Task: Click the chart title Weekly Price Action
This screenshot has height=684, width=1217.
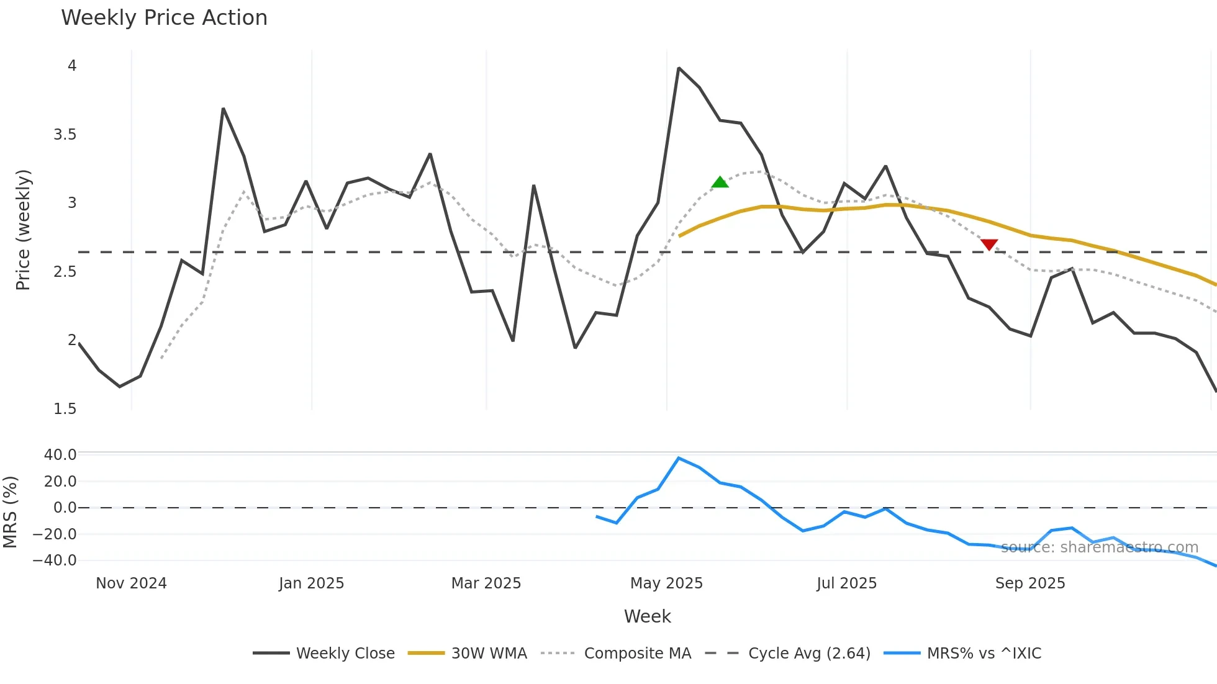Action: pyautogui.click(x=164, y=18)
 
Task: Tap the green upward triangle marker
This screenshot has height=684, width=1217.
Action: pyautogui.click(x=720, y=182)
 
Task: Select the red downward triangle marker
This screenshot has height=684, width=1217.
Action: pyautogui.click(x=989, y=245)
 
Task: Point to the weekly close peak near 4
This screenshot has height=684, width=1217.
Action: pyautogui.click(x=679, y=68)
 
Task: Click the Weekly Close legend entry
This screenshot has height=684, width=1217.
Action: pyautogui.click(x=324, y=653)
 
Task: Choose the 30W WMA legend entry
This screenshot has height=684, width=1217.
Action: pyautogui.click(x=468, y=653)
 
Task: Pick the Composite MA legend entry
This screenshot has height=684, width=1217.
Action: pyautogui.click(x=616, y=653)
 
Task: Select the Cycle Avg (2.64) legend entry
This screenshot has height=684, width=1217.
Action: pyautogui.click(x=788, y=653)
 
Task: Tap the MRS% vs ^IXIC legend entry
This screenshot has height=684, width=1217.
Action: pyautogui.click(x=962, y=653)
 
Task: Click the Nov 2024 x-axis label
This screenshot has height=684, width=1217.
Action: pyautogui.click(x=131, y=583)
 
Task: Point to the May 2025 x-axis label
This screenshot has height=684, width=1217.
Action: pyautogui.click(x=666, y=583)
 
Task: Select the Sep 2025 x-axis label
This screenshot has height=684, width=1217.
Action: pyautogui.click(x=1030, y=583)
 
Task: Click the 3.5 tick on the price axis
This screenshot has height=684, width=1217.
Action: pyautogui.click(x=65, y=135)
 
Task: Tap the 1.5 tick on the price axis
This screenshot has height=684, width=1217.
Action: pyautogui.click(x=65, y=409)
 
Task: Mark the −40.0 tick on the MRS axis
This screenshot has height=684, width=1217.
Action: pyautogui.click(x=54, y=560)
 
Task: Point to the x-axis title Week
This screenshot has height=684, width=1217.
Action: pyautogui.click(x=647, y=616)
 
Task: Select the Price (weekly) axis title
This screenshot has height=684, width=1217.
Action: pyautogui.click(x=23, y=230)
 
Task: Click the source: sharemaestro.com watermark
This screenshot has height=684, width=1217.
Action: pyautogui.click(x=1099, y=547)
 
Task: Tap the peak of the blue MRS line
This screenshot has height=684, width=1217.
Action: pyautogui.click(x=679, y=458)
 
